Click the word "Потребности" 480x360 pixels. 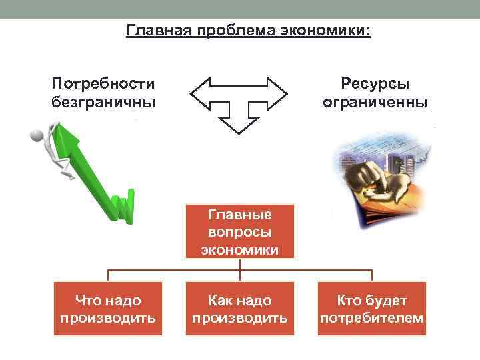coord(103,84)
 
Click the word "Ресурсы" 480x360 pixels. coord(375,84)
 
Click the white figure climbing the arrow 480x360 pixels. coord(53,147)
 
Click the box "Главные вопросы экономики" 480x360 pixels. coord(239,232)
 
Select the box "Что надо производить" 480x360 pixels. coord(108,309)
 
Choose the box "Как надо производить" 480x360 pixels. coord(239,309)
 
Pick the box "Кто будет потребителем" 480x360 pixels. coord(371,309)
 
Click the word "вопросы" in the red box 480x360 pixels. coord(239,232)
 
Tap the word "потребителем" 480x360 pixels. coord(371,318)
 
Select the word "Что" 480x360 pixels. coord(89,301)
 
